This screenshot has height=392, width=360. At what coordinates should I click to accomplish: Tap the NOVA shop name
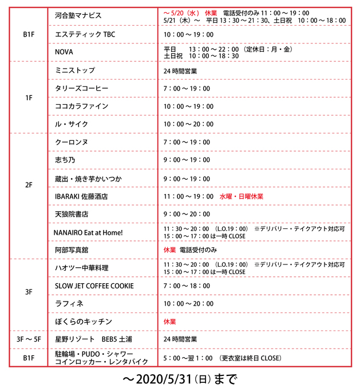point(64,52)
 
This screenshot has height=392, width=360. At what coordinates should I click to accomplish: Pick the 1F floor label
point(29,98)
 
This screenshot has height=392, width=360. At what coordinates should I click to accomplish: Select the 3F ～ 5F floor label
point(29,340)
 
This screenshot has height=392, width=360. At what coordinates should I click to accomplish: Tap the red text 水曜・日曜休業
point(242,196)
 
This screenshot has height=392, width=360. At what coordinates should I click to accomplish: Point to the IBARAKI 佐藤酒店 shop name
point(81,196)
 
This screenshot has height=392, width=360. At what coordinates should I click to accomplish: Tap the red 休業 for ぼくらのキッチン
point(170,322)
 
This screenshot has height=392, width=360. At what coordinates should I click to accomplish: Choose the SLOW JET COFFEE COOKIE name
point(94,286)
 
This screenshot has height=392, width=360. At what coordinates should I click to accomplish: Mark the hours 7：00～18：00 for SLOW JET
point(187,286)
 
